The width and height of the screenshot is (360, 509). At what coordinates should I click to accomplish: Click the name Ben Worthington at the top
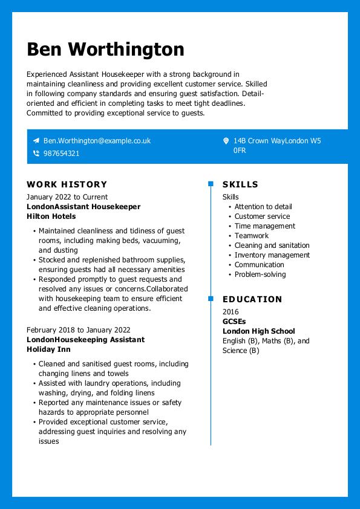(105, 49)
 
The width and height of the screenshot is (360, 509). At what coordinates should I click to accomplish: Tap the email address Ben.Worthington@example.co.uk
(97, 141)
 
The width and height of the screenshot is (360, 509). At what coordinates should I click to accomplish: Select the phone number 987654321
(61, 154)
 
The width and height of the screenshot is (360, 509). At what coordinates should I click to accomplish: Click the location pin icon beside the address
(226, 141)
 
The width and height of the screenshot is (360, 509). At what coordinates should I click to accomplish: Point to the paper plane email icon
(36, 141)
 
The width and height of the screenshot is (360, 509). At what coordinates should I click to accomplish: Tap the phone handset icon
(36, 154)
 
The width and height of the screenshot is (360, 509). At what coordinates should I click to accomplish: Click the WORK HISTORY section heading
(67, 184)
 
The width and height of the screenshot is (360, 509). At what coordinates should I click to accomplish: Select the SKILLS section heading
(240, 184)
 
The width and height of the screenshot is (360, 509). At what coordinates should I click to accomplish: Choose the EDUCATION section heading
(252, 299)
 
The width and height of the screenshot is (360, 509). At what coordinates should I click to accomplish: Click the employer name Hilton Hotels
(51, 216)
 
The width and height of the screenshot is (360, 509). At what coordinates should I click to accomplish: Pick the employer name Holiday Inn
(48, 349)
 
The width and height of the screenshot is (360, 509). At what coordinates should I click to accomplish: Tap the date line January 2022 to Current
(67, 197)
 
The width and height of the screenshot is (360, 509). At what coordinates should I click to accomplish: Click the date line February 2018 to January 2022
(78, 330)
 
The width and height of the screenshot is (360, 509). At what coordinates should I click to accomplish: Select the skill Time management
(265, 226)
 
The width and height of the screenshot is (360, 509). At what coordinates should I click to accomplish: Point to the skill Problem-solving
(260, 274)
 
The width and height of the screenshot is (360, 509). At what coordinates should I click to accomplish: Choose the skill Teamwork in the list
(251, 236)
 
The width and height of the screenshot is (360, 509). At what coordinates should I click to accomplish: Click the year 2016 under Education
(231, 312)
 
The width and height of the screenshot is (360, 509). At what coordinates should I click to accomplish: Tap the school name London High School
(258, 331)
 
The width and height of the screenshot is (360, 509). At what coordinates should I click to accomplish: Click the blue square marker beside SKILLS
(211, 184)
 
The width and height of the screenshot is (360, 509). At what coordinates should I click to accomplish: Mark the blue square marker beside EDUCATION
(211, 299)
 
